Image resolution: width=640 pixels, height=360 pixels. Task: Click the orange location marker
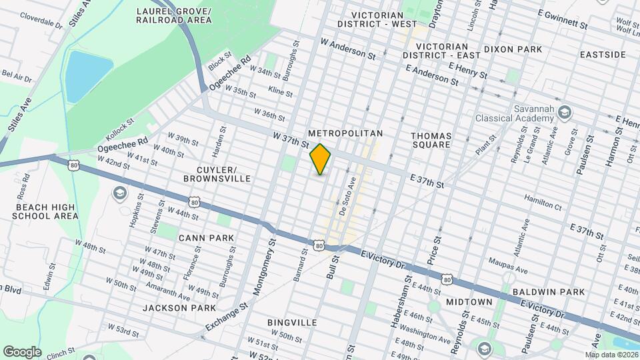[321, 159]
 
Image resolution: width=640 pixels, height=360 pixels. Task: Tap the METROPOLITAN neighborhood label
[345, 134]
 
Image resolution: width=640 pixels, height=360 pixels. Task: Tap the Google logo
[22, 351]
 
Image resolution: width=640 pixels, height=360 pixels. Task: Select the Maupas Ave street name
[508, 261]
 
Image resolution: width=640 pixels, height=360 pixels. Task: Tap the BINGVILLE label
[292, 322]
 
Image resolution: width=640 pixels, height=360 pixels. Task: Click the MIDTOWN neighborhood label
[469, 302]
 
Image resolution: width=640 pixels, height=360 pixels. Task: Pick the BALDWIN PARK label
[549, 292]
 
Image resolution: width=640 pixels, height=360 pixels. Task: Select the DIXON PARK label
[513, 49]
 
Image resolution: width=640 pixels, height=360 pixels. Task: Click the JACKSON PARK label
[179, 308]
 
